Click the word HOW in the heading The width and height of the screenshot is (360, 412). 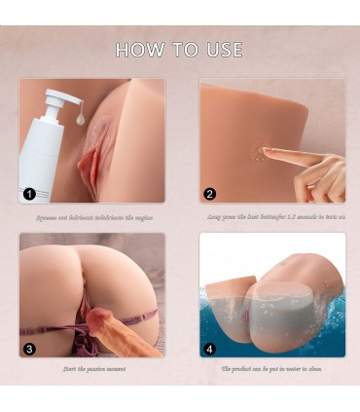pyautogui.click(x=138, y=50)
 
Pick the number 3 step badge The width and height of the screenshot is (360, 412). pyautogui.click(x=30, y=348)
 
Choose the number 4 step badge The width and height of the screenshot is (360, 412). pyautogui.click(x=210, y=348)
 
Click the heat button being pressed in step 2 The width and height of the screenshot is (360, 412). pyautogui.click(x=259, y=152)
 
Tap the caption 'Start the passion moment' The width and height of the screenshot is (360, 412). pyautogui.click(x=90, y=370)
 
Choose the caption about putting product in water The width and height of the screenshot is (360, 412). pyautogui.click(x=270, y=370)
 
